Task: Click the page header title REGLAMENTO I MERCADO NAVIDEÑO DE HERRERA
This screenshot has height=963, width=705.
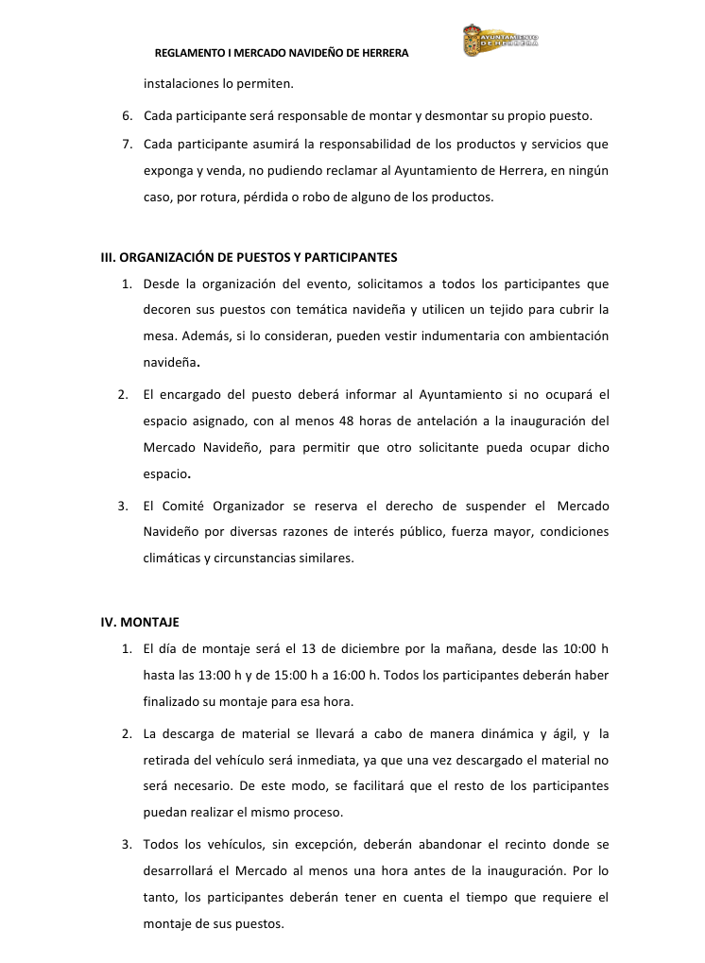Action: pos(281,54)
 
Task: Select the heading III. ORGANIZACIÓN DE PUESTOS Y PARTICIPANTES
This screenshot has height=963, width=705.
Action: pos(249,257)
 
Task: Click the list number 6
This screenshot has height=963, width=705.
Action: pos(127,116)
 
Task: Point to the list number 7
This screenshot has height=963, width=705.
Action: pos(127,145)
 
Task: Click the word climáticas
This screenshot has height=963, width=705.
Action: pos(172,558)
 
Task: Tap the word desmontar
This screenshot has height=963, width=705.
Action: pos(432,116)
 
